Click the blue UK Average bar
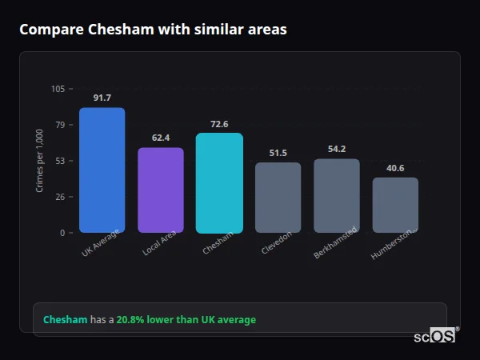coord(102,170)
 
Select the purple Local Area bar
coord(161,190)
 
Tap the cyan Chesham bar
coord(219,183)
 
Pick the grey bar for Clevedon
coord(278,198)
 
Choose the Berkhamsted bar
coord(337,196)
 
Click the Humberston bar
coord(395,205)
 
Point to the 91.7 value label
coord(102,98)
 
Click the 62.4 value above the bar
coord(161,138)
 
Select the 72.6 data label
coord(219,124)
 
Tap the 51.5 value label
coord(278,153)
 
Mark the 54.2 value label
coord(337,149)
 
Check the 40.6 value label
coord(395,168)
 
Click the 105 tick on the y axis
coord(58,89)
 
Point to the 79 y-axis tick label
coord(60,125)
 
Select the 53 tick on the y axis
coord(60,161)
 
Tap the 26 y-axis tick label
coord(60,197)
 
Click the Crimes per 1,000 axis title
coord(40,161)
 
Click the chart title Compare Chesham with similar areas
coord(153,30)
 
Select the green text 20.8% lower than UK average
coord(186,320)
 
